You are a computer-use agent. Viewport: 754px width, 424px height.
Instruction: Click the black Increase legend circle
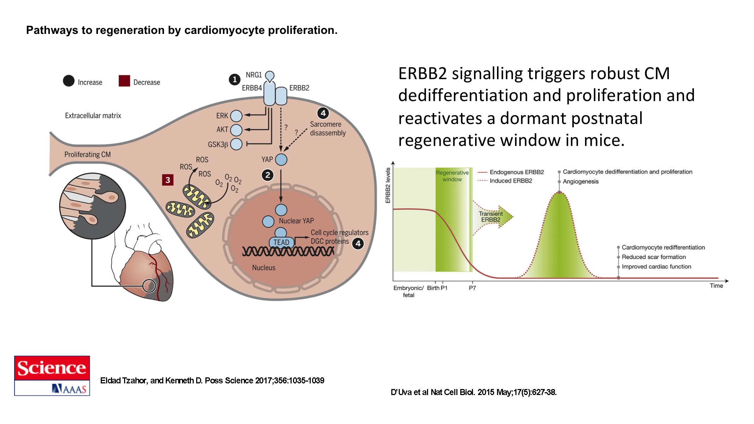(69, 81)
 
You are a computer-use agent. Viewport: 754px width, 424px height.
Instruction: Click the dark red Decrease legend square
(124, 81)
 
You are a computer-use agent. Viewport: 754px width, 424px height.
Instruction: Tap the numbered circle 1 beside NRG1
(234, 79)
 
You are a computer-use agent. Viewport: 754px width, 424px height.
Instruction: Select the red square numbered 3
(168, 180)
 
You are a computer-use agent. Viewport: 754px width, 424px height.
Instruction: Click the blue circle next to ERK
(236, 116)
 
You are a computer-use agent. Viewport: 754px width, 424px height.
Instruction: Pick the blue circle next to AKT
(236, 130)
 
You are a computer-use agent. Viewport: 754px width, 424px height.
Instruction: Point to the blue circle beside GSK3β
(236, 144)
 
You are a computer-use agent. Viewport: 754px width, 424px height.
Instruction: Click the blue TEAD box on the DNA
(281, 242)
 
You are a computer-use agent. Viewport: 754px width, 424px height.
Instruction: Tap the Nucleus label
(264, 268)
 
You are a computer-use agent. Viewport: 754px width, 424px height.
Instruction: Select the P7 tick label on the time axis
(472, 288)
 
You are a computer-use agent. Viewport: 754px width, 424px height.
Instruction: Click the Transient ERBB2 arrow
(493, 217)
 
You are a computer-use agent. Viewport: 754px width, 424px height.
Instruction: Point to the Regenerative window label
(452, 176)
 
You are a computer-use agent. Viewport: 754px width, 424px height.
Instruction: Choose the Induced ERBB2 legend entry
(510, 181)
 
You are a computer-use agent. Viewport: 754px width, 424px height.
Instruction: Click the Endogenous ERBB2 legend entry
(516, 172)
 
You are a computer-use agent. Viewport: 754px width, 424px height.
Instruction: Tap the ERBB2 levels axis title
(388, 185)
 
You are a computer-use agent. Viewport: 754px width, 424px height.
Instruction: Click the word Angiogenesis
(580, 182)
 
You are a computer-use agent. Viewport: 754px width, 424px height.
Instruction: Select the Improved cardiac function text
(656, 267)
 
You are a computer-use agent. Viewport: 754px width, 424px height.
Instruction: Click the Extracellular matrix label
(93, 116)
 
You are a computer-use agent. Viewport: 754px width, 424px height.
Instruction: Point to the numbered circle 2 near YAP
(268, 175)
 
